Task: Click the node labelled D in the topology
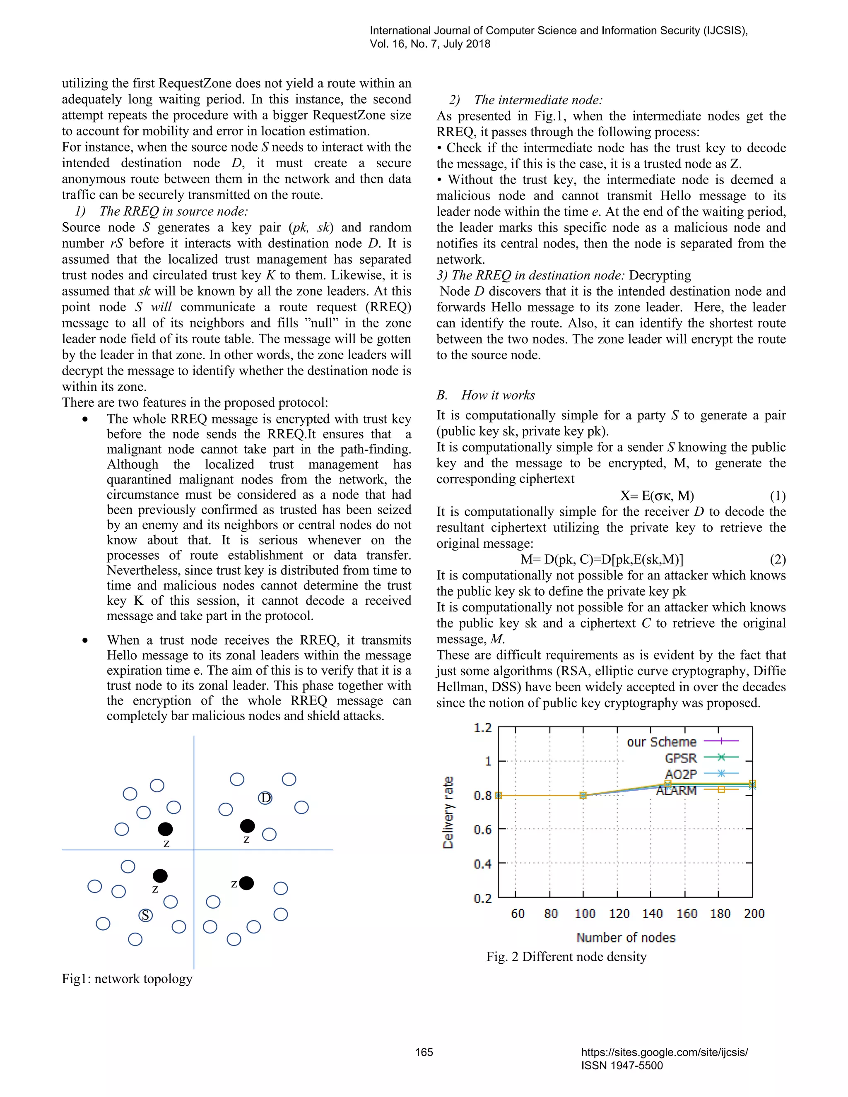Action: [265, 798]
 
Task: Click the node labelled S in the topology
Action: [146, 915]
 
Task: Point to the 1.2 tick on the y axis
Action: [482, 728]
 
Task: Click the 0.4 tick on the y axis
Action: [482, 864]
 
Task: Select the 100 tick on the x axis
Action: [584, 914]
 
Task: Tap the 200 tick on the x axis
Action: [754, 914]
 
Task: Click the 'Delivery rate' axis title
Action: [448, 813]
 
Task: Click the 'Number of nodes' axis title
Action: [626, 938]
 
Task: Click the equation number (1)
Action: [777, 496]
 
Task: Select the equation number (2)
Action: [777, 560]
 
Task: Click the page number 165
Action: [424, 1052]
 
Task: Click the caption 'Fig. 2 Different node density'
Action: [566, 957]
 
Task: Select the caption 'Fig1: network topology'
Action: [127, 979]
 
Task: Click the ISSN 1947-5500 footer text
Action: [622, 1066]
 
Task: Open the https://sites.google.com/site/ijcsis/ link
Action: [664, 1052]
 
